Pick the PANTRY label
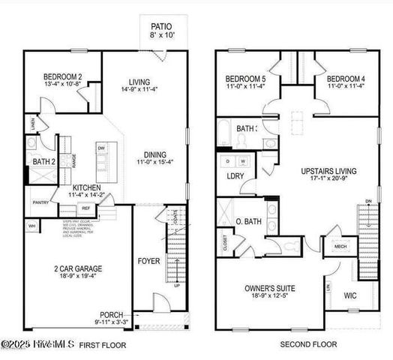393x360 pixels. pos(40,202)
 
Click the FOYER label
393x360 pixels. pos(148,262)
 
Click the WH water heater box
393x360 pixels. pos(31,225)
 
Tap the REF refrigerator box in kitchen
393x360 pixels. pos(86,208)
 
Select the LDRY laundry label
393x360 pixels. pos(234,176)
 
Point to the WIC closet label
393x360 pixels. pos(350,296)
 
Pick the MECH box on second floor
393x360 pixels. pos(340,246)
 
